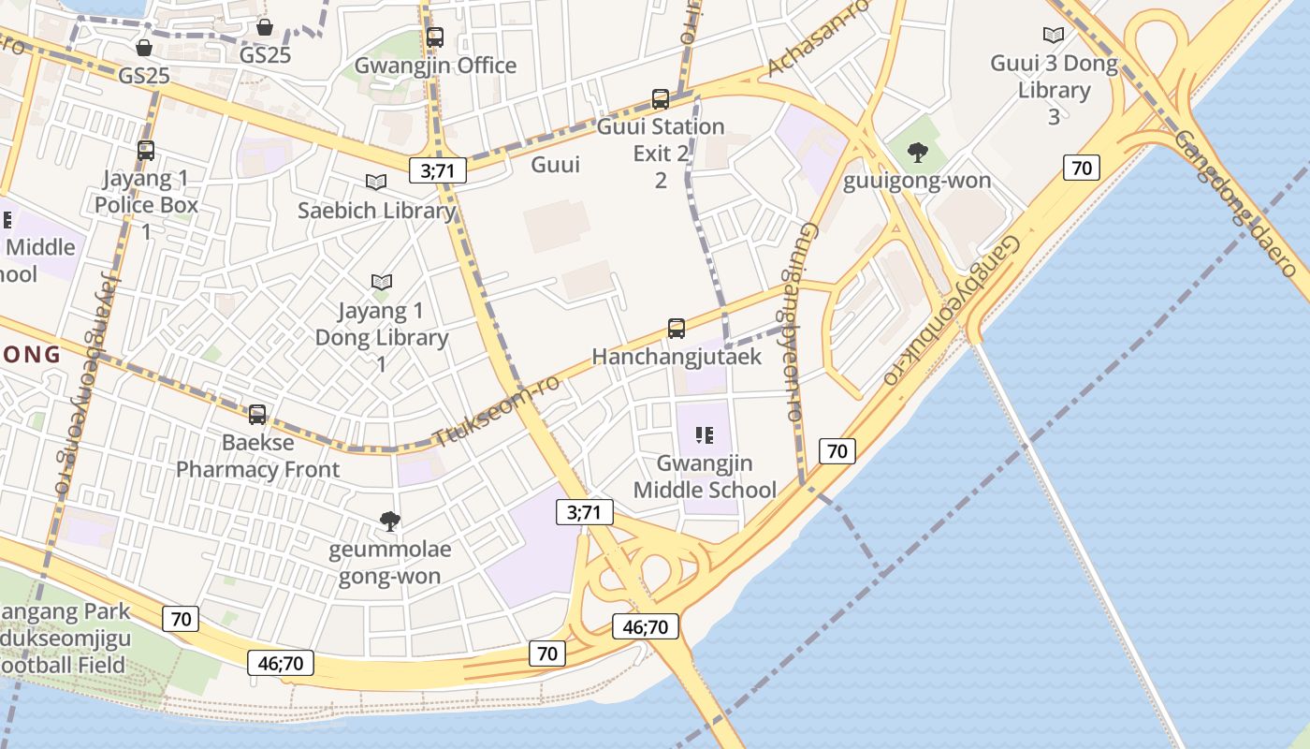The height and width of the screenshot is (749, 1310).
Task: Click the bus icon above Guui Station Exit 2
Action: (661, 98)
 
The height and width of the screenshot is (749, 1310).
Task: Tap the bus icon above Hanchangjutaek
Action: (677, 329)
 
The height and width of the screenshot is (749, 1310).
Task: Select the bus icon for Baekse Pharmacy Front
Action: (257, 414)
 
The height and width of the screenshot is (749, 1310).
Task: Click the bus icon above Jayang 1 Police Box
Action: (146, 150)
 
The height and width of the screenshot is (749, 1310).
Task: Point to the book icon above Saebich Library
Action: (376, 183)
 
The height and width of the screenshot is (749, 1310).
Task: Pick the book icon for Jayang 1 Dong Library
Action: (381, 282)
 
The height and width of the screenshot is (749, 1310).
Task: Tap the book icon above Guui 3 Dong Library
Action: (1054, 36)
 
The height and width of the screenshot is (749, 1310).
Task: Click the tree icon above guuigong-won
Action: (917, 153)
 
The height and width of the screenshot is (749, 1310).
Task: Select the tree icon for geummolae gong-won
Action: (389, 521)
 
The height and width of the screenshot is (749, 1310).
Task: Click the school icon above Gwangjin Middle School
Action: (705, 435)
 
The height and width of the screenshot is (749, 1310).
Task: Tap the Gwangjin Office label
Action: (435, 66)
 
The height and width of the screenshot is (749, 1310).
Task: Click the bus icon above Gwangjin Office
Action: (435, 37)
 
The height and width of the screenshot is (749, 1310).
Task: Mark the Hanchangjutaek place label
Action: (677, 357)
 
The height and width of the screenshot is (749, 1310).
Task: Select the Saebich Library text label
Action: (376, 211)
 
